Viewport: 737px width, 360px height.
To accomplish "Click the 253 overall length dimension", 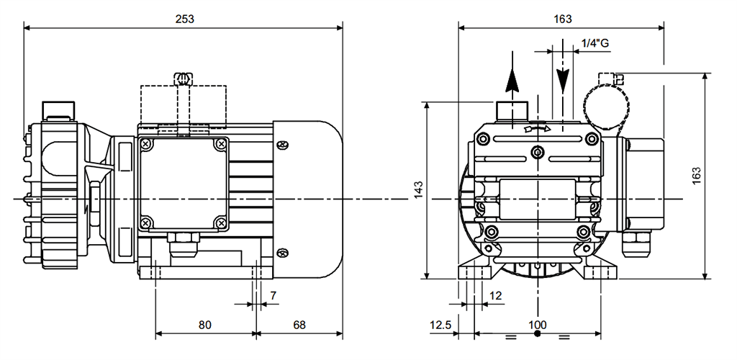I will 185,19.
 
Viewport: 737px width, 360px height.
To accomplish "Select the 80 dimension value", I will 205,325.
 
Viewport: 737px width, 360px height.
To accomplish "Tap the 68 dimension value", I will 299,325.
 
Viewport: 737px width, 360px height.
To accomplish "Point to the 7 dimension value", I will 273,296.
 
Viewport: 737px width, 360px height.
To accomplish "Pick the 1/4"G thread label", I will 594,43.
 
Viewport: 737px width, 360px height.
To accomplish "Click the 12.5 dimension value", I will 440,325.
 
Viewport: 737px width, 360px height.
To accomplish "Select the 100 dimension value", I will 538,325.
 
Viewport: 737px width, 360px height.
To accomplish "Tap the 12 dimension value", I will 496,295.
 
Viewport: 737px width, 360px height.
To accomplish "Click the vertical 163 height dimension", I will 696,176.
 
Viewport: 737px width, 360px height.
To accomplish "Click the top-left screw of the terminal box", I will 147,145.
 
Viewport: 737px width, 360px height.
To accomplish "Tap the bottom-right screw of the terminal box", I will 219,223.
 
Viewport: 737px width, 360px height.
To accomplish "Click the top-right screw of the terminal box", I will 219,145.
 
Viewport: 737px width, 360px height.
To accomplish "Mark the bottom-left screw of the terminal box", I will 147,223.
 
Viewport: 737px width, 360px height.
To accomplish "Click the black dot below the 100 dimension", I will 538,335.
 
